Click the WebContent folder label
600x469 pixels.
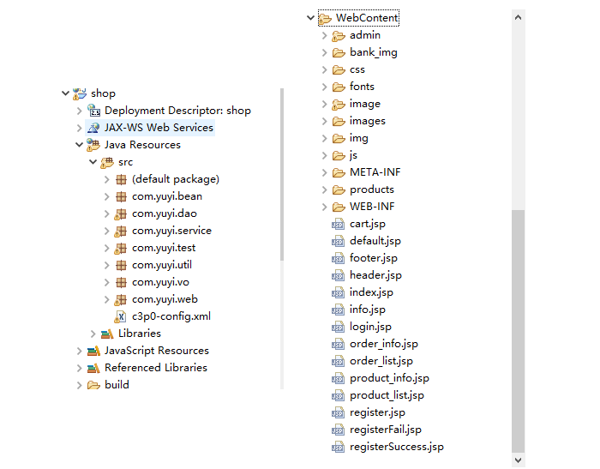(x=367, y=18)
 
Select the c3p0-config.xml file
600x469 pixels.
(x=171, y=316)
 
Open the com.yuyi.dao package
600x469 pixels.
(x=165, y=213)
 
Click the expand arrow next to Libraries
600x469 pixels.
(x=93, y=334)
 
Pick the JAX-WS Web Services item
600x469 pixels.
(x=159, y=128)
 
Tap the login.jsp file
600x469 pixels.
(x=370, y=327)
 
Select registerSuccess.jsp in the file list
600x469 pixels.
(x=396, y=447)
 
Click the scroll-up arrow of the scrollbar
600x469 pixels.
(x=518, y=17)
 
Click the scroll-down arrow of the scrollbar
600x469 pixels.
(x=518, y=460)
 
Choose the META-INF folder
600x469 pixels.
(x=375, y=172)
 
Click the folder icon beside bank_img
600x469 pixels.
(x=339, y=52)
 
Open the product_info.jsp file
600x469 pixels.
(x=389, y=378)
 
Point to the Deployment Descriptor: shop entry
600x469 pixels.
(x=177, y=111)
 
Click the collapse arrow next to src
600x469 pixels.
(x=93, y=162)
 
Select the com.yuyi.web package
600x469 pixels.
(x=165, y=299)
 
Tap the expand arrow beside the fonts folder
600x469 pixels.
(x=325, y=87)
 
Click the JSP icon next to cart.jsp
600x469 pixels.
(x=338, y=224)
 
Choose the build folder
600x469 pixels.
(x=117, y=385)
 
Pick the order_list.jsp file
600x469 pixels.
(x=381, y=361)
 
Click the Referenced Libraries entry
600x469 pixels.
(x=156, y=368)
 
